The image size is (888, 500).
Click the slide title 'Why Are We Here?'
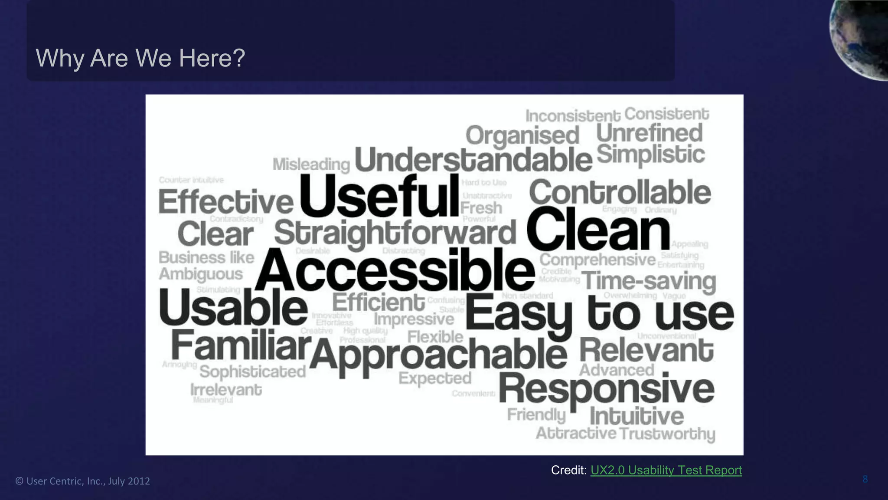pos(140,58)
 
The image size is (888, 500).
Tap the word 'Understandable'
pos(473,160)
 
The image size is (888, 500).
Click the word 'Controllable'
pos(620,193)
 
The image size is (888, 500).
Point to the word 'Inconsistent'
pos(573,116)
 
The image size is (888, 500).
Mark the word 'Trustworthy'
pos(667,434)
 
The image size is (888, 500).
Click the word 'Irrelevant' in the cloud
pos(226,390)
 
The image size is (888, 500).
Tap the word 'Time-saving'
pos(649,281)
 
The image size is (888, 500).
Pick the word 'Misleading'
pos(311,164)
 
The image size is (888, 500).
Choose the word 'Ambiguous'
pos(201,274)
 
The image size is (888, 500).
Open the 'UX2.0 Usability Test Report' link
pos(666,470)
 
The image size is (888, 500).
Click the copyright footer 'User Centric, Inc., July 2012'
pos(83,481)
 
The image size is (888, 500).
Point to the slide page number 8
pos(865,479)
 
